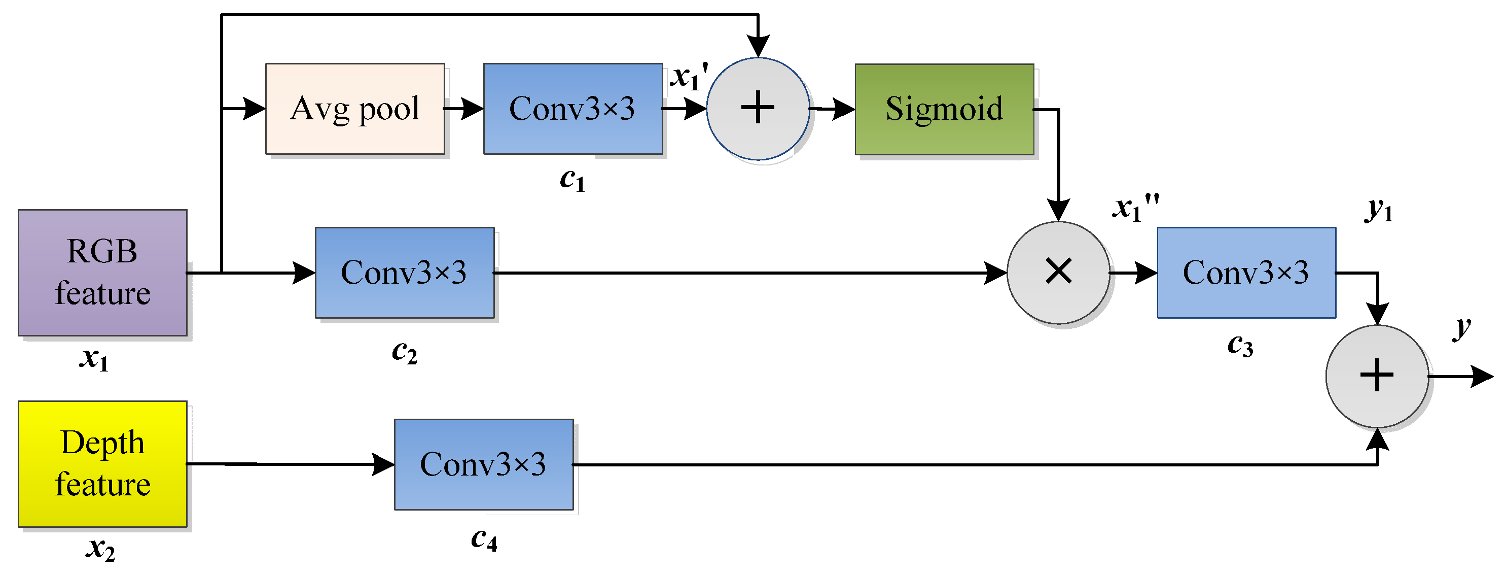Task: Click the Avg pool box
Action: (354, 109)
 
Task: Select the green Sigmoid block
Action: (944, 109)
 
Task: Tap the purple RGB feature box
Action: (102, 273)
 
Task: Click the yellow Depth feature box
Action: (102, 463)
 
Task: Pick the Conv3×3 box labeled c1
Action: (572, 109)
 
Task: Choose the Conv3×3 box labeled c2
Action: (404, 273)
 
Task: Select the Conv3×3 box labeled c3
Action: (1246, 273)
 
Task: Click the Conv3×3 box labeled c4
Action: (483, 464)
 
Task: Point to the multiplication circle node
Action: (1058, 273)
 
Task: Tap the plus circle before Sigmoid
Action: (758, 109)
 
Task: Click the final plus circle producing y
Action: (1377, 376)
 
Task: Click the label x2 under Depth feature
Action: (100, 549)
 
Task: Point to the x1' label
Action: (688, 77)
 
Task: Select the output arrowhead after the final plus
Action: (1482, 377)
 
